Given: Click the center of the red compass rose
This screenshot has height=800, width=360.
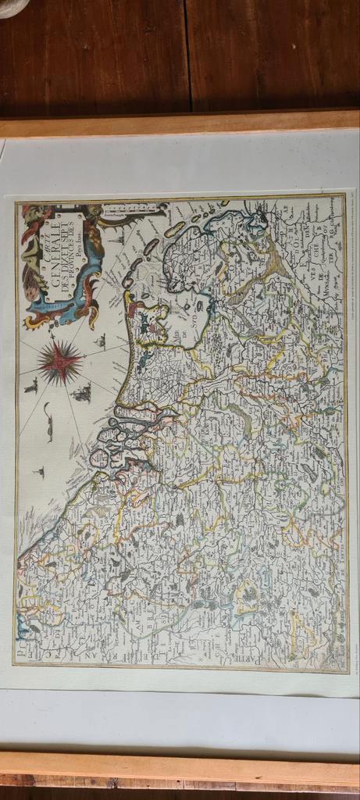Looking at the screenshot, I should coord(61,362).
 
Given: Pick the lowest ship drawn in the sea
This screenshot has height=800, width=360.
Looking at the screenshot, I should coord(37,473).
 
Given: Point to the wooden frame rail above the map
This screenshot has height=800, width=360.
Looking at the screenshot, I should coord(180,124).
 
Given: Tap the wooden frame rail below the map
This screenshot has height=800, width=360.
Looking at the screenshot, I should coord(180,770).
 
